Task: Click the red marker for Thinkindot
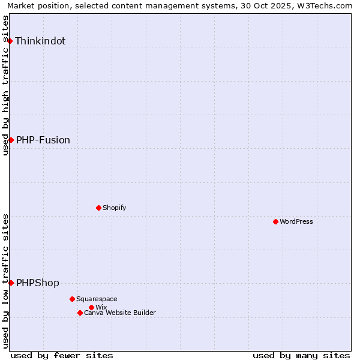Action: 10,41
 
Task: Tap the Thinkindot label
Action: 40,41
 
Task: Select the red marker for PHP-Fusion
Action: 11,140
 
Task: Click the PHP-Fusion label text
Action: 43,140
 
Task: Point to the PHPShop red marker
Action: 11,283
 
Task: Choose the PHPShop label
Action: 38,283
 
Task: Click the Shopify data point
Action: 98,208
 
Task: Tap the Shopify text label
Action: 115,208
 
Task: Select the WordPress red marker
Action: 275,221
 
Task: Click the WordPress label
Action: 296,222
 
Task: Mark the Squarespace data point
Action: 72,299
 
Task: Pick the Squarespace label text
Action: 97,299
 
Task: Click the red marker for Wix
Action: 91,307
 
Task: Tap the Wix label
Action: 101,308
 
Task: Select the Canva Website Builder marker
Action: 80,313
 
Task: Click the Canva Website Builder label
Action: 120,313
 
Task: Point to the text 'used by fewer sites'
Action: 62,356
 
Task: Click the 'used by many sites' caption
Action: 301,356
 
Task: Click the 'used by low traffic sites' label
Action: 6,281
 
